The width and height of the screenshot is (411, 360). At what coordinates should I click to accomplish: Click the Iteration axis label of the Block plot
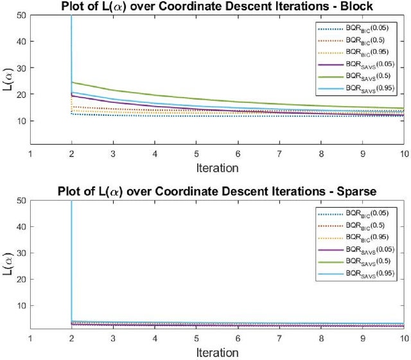tap(217, 168)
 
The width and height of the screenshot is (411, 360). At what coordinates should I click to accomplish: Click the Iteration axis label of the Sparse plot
tap(217, 352)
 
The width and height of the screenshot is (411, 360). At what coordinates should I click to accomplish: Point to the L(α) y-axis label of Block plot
tap(8, 80)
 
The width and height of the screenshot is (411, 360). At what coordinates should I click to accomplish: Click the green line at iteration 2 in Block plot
tap(72, 82)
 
